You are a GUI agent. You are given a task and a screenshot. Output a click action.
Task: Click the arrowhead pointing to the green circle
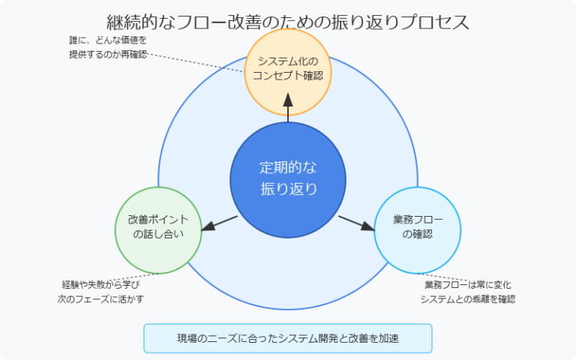click(x=209, y=226)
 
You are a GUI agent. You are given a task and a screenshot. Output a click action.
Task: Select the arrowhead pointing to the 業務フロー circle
click(x=367, y=226)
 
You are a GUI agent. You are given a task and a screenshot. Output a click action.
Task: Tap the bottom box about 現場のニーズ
click(x=288, y=338)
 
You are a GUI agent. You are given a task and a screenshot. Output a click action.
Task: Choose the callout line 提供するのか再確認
click(x=108, y=55)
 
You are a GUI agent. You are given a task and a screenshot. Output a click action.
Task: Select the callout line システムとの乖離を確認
click(x=467, y=298)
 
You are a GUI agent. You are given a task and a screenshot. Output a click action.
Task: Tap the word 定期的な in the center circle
click(x=288, y=166)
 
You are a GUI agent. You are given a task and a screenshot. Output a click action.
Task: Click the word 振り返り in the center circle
click(x=288, y=188)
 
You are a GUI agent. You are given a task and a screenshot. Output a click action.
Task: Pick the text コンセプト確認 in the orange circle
click(x=288, y=76)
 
